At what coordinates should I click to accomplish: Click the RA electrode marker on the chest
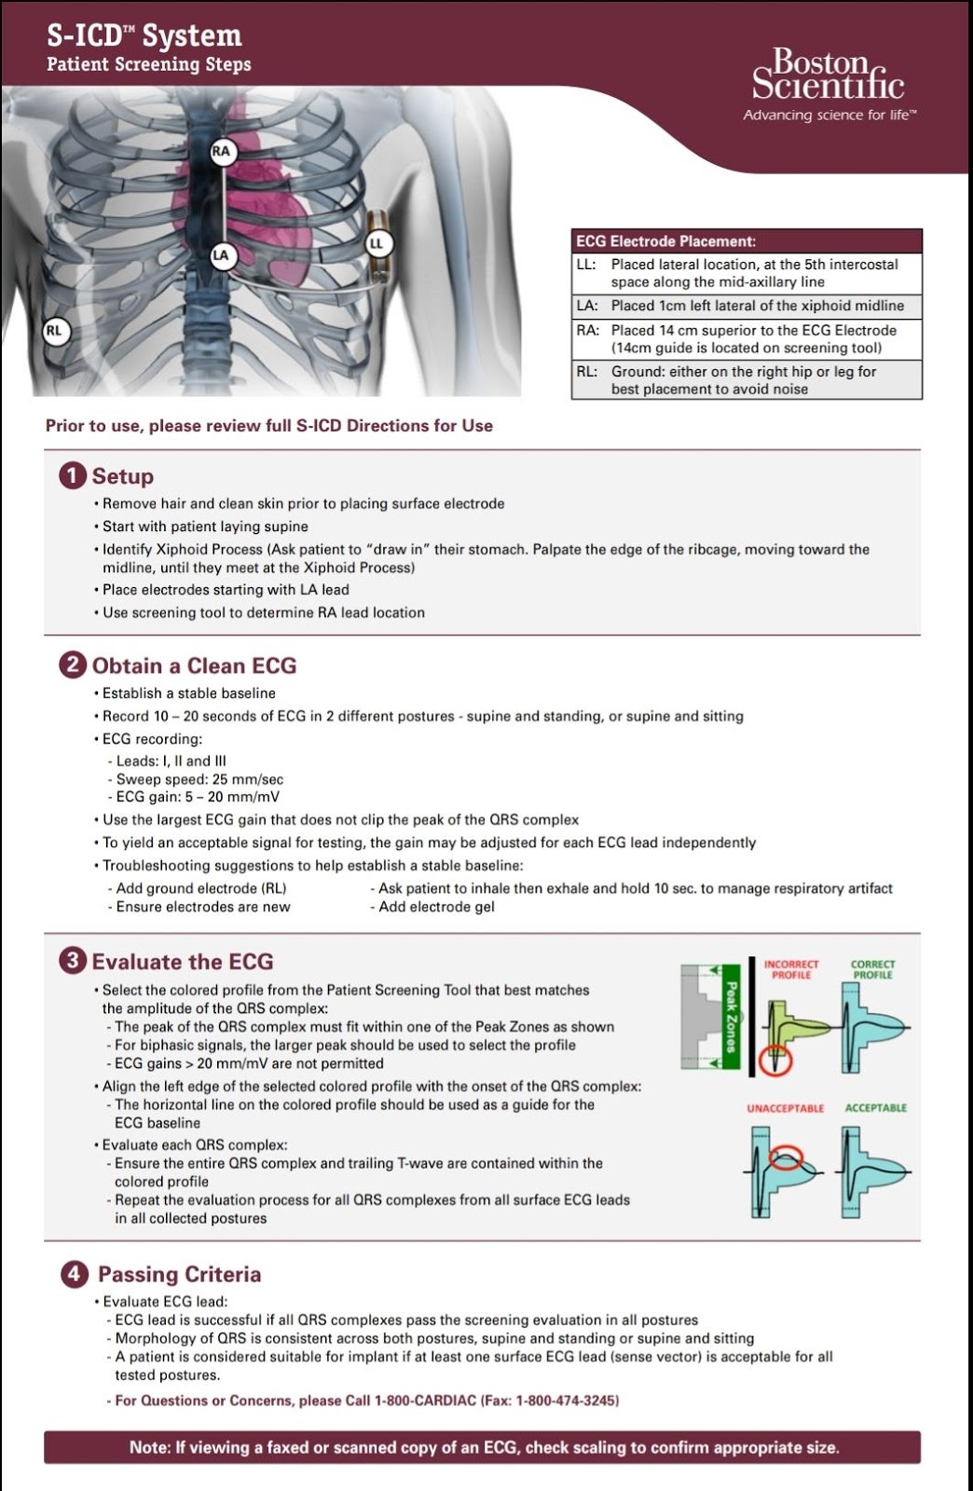221,151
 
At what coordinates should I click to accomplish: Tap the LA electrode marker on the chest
221,254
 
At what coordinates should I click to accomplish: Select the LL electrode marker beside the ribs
377,243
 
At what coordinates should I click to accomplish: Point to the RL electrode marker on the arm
54,330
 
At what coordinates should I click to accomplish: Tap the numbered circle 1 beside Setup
73,475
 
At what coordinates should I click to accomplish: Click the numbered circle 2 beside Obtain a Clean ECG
73,664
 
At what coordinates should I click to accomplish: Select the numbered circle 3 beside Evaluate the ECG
73,961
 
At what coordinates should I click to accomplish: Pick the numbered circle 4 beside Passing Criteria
75,1274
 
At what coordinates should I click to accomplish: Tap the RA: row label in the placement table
587,330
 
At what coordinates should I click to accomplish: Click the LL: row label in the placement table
586,265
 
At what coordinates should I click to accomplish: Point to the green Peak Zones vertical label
732,1019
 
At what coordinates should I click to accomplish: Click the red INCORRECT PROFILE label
791,969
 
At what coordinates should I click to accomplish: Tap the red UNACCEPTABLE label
785,1108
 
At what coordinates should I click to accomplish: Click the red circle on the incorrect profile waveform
774,1060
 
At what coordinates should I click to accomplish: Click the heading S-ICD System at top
144,36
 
